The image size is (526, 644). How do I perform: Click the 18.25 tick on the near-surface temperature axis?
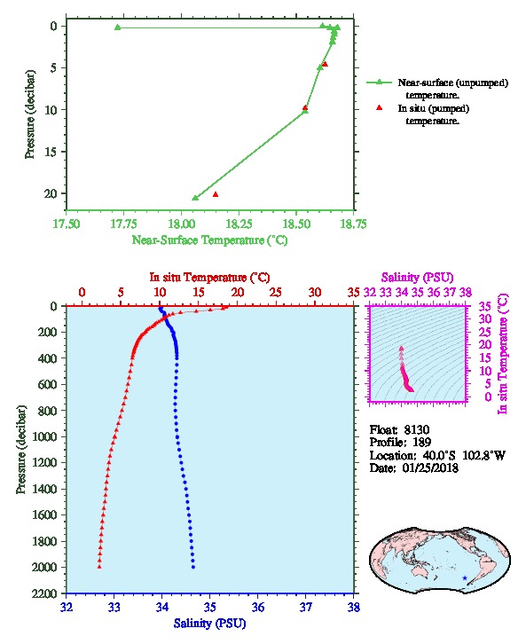click(x=239, y=224)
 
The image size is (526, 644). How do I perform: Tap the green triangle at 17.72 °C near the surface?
click(x=117, y=27)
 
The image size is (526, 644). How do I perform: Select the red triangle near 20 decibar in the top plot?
click(x=216, y=194)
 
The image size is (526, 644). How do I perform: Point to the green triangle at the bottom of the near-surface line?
click(x=195, y=198)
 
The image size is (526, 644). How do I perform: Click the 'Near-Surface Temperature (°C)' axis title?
click(x=210, y=240)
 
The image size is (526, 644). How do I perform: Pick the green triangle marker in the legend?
click(x=379, y=82)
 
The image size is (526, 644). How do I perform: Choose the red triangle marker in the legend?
click(x=379, y=107)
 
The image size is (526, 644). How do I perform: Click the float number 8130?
click(x=416, y=430)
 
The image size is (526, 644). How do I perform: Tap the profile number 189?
click(x=421, y=443)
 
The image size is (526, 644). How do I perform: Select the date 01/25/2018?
click(x=430, y=468)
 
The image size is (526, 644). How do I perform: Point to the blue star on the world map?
click(x=465, y=577)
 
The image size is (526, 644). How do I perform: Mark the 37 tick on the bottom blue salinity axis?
click(x=306, y=608)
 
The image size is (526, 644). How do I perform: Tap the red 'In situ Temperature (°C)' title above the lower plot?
click(x=209, y=278)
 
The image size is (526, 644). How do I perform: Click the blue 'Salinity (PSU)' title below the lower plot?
click(x=210, y=624)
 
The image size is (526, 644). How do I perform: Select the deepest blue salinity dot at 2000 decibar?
click(x=193, y=567)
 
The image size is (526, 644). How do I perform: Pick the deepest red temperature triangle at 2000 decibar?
click(x=99, y=567)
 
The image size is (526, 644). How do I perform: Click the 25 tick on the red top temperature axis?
click(x=276, y=293)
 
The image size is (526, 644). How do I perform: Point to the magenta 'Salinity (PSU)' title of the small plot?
click(x=417, y=278)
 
